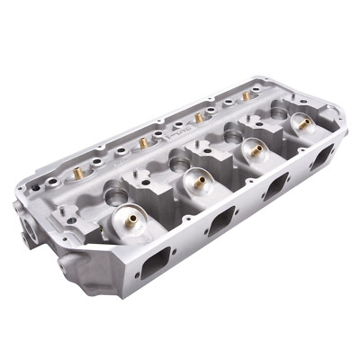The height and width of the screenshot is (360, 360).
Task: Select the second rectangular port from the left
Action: click(219, 220)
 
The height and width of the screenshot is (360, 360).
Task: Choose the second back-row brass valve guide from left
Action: click(142, 142)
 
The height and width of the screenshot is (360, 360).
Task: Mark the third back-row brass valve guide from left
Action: click(198, 117)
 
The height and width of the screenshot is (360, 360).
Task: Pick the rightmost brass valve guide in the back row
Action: click(246, 94)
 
